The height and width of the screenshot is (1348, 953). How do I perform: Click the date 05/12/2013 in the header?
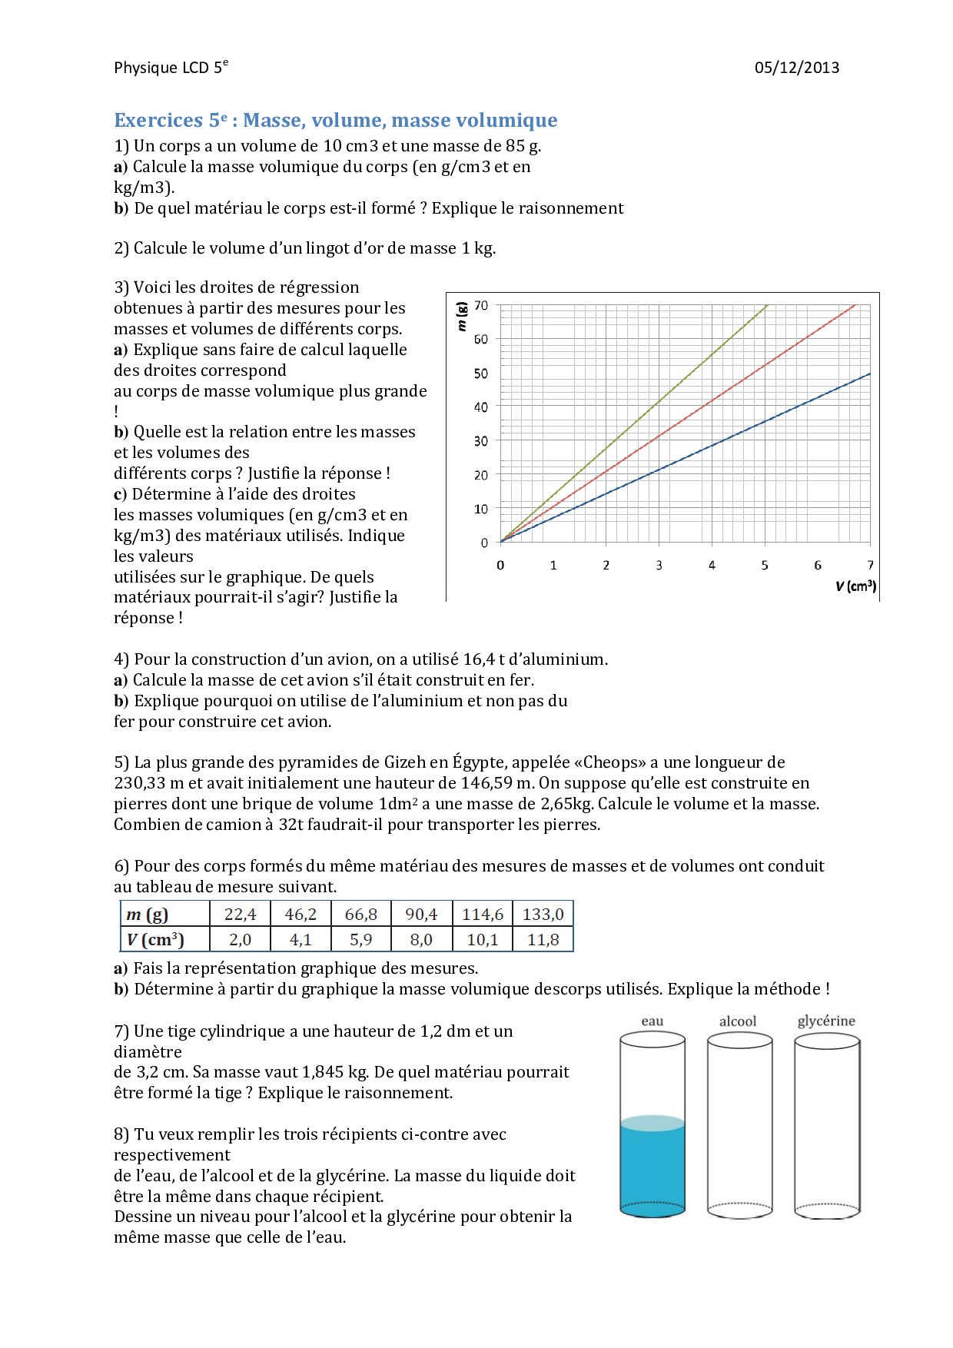[x=796, y=68]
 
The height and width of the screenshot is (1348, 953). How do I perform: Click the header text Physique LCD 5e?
[x=171, y=68]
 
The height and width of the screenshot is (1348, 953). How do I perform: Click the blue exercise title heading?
[x=335, y=121]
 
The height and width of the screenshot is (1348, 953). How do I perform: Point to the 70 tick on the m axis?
[x=481, y=306]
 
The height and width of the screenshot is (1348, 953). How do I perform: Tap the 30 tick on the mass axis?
[x=481, y=441]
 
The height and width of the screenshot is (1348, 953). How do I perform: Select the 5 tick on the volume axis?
[x=765, y=566]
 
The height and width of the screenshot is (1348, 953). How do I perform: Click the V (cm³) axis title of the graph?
[x=855, y=586]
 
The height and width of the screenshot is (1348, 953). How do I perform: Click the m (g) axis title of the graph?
[x=461, y=316]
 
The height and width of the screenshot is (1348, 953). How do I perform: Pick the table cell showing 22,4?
[x=240, y=915]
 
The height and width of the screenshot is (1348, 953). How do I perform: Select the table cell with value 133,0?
[x=543, y=915]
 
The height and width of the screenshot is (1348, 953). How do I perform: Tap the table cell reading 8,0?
[x=421, y=940]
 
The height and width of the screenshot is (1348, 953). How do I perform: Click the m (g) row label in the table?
[x=148, y=915]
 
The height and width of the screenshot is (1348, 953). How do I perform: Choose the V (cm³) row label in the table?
[x=155, y=940]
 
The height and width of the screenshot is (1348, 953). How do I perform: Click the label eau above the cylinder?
[x=652, y=1021]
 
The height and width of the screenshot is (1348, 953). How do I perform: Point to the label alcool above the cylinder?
[x=738, y=1021]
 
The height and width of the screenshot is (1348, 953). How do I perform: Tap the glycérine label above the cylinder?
[x=826, y=1021]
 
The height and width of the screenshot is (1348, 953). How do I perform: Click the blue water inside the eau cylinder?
[x=652, y=1168]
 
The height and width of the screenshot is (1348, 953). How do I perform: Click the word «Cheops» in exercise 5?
[x=615, y=762]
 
